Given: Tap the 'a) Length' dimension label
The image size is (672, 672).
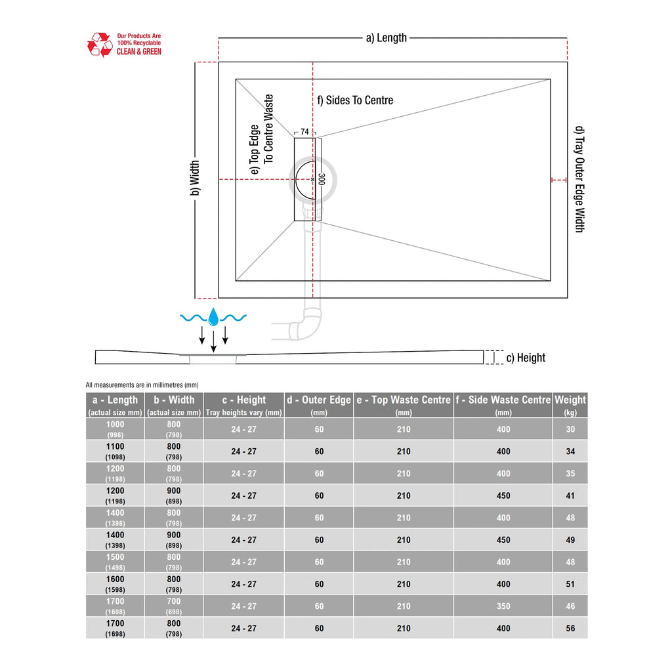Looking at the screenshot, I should [x=386, y=38].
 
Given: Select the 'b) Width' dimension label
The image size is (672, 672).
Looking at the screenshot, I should [x=195, y=179].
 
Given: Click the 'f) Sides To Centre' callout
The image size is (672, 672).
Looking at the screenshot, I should [x=355, y=100].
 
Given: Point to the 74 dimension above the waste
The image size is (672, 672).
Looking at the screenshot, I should [x=304, y=132].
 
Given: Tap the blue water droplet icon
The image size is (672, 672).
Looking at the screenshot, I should [x=213, y=318].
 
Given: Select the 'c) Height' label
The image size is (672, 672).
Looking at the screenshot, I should [x=526, y=358].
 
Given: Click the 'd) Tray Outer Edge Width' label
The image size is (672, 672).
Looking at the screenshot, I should [x=578, y=178].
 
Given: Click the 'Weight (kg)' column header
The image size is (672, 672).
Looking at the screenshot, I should [x=570, y=405].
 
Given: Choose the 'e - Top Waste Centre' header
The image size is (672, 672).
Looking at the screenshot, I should [x=404, y=405].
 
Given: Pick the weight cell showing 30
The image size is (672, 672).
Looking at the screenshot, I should [x=570, y=429].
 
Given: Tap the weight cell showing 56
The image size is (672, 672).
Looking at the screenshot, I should [x=570, y=628].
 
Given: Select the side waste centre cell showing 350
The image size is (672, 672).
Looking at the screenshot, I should [x=503, y=606].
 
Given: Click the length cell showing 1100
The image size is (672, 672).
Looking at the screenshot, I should [x=115, y=451].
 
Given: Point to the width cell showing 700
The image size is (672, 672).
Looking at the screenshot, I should [x=174, y=606].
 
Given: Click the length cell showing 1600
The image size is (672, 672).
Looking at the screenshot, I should [x=115, y=583].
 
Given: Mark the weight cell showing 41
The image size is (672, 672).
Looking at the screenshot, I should [x=570, y=495].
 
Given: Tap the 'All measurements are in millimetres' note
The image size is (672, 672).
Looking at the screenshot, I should [x=142, y=385].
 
